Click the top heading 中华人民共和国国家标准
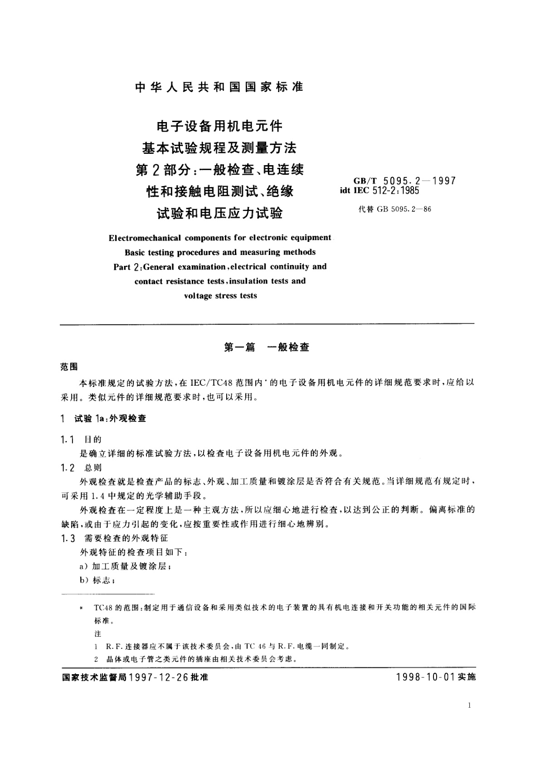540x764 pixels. tap(219, 87)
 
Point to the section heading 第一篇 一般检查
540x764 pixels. tap(267, 348)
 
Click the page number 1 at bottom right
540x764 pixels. tap(469, 705)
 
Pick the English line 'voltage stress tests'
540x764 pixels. tap(220, 296)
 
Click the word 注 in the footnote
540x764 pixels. tap(98, 634)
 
